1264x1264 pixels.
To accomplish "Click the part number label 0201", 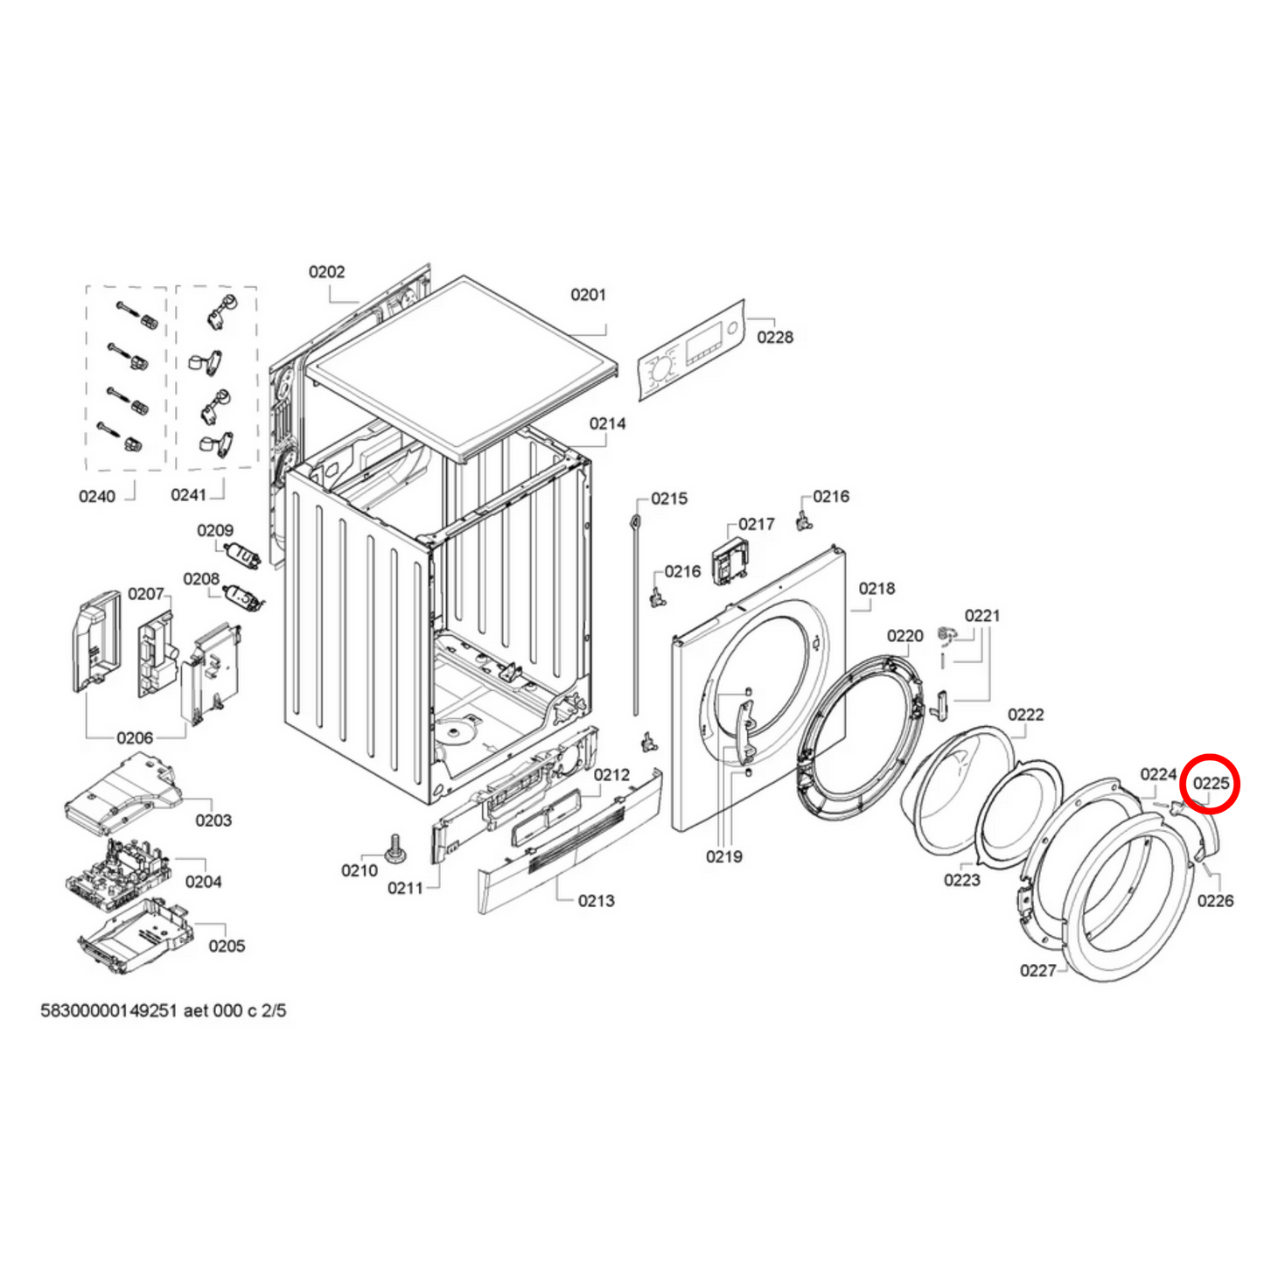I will coord(588,295).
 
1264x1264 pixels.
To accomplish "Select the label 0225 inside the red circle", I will coord(1211,783).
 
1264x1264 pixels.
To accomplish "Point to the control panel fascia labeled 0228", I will coord(691,352).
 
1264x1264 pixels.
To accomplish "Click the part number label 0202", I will coord(326,272).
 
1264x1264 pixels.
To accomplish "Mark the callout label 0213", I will coord(596,901).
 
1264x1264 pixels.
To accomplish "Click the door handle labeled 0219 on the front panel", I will coord(742,725).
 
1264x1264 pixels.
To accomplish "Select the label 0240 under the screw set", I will coord(96,497).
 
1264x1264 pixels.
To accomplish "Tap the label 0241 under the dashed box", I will coord(188,495).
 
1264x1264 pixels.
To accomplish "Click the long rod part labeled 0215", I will coord(636,612).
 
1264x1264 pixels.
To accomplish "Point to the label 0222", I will coord(1025,715).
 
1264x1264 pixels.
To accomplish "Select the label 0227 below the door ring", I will coord(1037,970).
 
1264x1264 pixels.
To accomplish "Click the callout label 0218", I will coord(876,589).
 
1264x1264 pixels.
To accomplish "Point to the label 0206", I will coord(135,738).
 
